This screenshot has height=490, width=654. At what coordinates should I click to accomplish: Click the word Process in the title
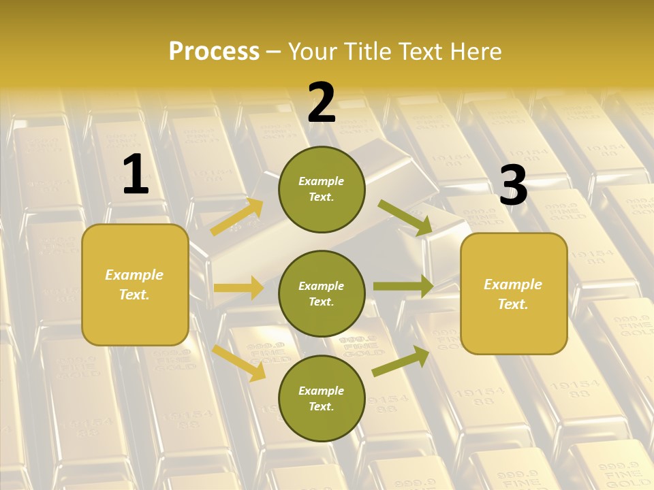(214, 52)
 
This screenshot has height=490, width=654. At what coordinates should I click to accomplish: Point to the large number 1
(135, 175)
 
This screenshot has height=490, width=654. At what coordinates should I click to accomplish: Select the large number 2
(322, 103)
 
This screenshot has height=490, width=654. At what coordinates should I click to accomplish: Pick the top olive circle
(322, 189)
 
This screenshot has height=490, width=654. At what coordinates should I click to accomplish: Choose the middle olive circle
(322, 293)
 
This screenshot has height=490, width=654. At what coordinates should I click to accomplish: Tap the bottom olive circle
(322, 398)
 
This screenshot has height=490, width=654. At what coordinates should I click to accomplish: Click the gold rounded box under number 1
(135, 284)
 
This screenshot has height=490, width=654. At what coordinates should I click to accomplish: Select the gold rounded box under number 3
(514, 293)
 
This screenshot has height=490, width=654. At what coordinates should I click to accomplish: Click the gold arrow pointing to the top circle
(237, 217)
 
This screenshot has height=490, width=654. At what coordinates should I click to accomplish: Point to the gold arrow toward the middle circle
(238, 288)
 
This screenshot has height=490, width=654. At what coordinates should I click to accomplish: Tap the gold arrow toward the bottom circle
(239, 362)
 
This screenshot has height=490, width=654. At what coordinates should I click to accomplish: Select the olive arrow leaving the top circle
(405, 218)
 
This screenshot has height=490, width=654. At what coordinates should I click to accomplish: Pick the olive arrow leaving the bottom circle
(401, 361)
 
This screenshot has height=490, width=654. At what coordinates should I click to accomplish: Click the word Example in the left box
(134, 275)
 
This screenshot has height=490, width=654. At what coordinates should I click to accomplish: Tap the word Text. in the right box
(513, 304)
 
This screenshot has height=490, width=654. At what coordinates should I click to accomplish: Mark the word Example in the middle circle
(322, 286)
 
